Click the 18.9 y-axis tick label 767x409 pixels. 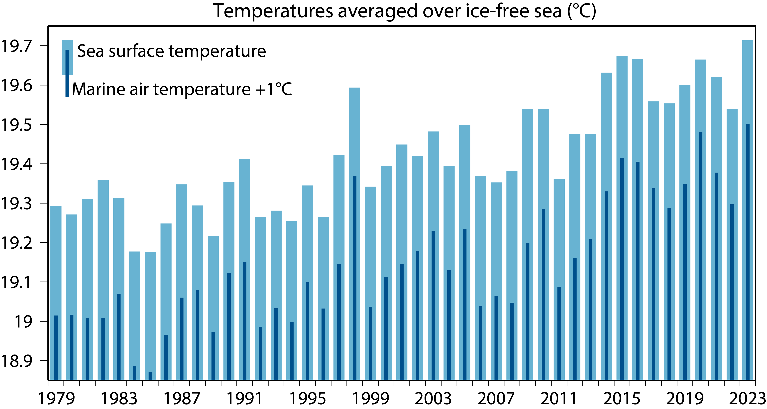coord(16,361)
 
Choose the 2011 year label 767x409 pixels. coord(559,398)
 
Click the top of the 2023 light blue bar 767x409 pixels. coord(748,41)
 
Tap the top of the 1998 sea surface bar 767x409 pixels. coord(355,88)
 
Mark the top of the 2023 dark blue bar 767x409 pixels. coord(748,124)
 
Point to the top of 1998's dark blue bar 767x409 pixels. coord(355,177)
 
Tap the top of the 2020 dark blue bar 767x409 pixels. coord(701,132)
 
